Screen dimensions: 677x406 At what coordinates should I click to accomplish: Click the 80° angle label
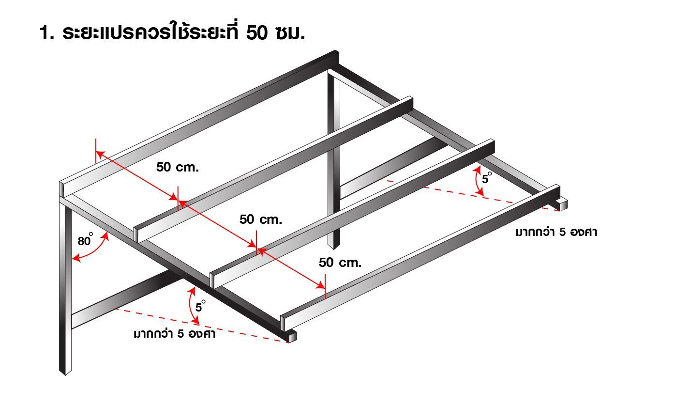(85, 240)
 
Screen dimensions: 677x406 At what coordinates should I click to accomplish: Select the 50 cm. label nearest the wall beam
(178, 168)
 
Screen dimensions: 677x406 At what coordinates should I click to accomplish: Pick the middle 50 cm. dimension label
(260, 219)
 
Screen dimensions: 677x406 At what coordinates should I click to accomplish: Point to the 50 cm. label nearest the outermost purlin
(340, 263)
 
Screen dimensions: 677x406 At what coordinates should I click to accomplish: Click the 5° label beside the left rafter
(200, 307)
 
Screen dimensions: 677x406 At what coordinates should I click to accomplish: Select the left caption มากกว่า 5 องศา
(174, 334)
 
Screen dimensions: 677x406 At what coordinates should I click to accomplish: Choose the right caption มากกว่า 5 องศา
(556, 233)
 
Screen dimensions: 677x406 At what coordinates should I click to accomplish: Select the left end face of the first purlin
(136, 234)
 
